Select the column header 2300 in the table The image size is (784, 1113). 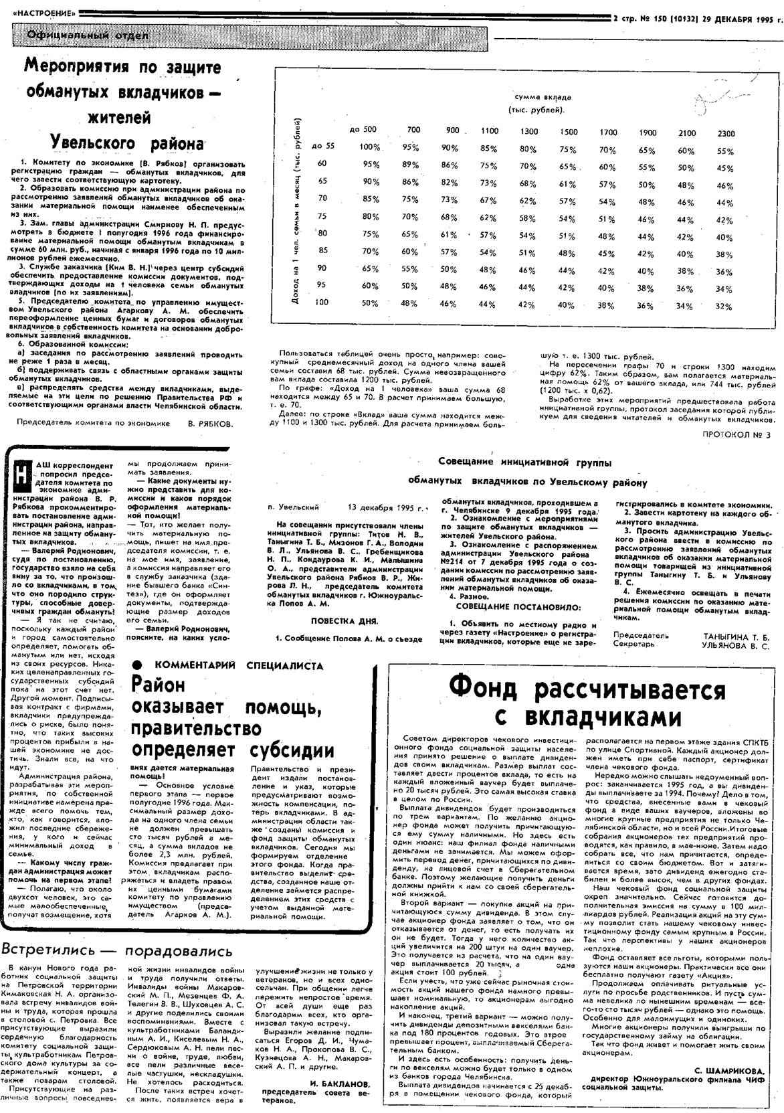[x=726, y=133]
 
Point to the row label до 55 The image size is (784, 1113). [x=322, y=145]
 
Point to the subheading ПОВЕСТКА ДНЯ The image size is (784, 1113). [x=344, y=621]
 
